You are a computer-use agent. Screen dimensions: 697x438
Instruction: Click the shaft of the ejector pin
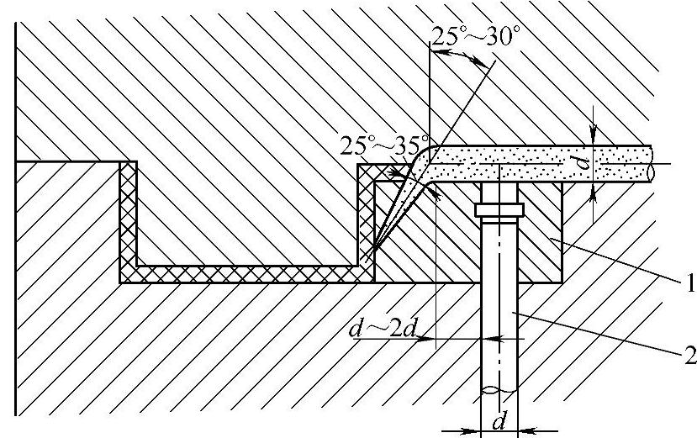click(501, 319)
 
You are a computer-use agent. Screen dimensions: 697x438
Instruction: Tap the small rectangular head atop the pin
click(499, 208)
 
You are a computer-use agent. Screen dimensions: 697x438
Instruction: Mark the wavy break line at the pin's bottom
click(500, 391)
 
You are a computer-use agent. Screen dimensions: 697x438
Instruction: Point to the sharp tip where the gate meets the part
click(373, 250)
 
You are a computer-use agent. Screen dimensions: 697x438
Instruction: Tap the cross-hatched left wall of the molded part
click(129, 219)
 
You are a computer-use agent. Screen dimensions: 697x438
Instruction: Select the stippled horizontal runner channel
click(538, 161)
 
